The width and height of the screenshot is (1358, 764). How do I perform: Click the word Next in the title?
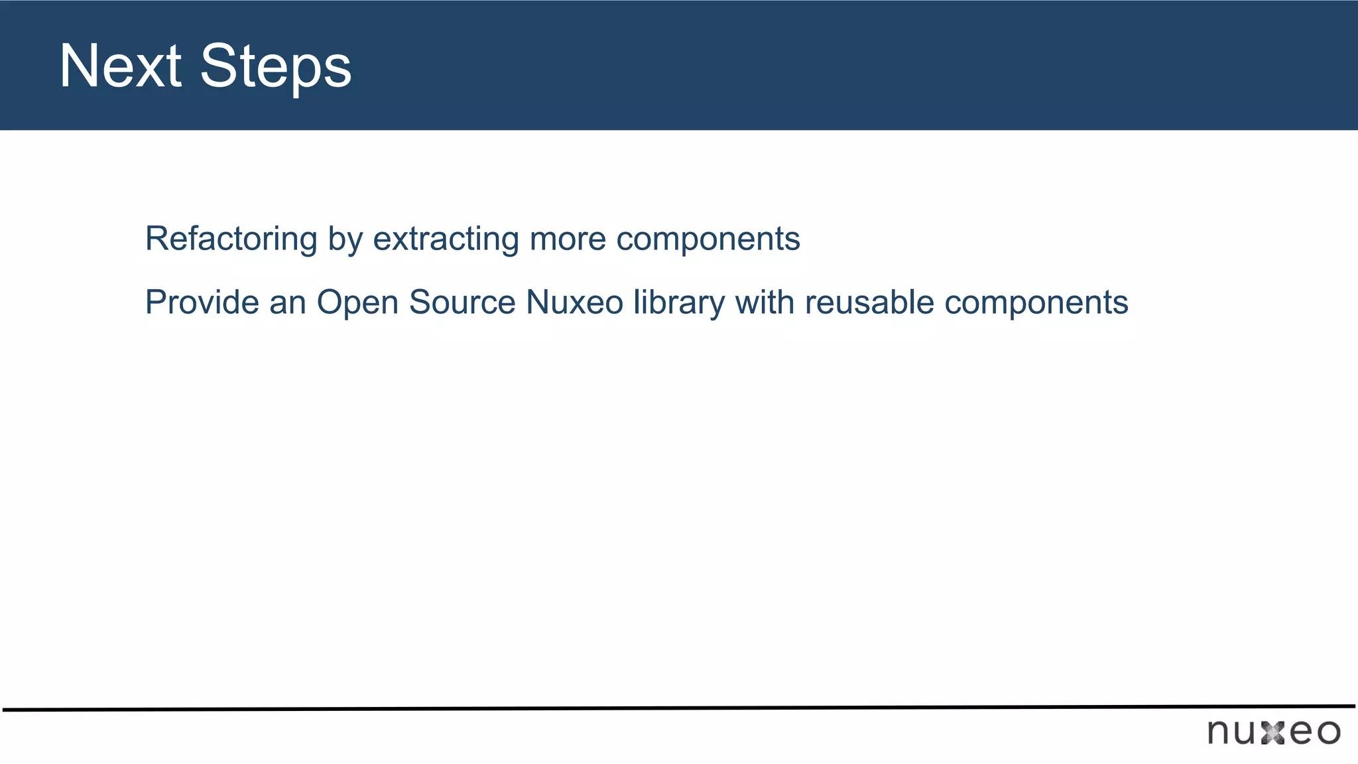(120, 66)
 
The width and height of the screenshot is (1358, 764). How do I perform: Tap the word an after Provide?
(287, 304)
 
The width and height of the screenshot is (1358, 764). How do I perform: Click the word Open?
(357, 304)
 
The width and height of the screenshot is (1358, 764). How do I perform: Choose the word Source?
(462, 302)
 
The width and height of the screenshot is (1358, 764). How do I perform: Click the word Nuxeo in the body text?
(574, 302)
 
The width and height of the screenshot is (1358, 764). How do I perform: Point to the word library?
(679, 304)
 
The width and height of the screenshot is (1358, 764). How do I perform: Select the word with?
(765, 302)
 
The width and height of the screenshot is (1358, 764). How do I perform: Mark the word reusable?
(869, 302)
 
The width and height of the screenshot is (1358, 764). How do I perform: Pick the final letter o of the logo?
(1328, 733)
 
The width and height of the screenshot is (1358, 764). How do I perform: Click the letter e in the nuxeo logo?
(1300, 733)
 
